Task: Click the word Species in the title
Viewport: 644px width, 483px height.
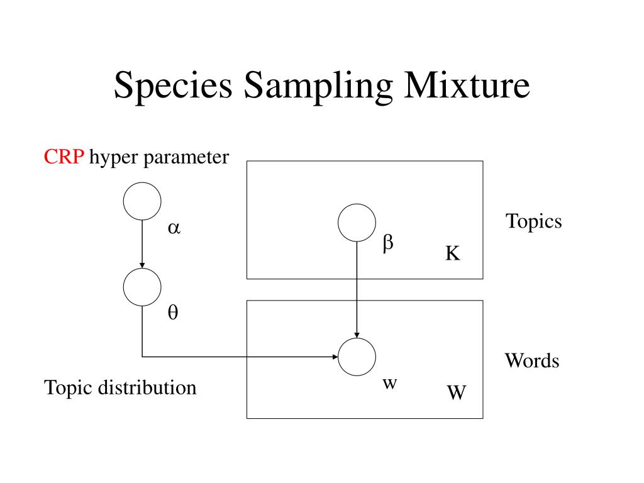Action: (x=173, y=86)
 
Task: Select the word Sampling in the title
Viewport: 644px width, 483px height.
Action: (x=318, y=86)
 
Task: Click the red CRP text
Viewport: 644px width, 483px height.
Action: (x=64, y=157)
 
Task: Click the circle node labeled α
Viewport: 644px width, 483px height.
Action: (x=142, y=201)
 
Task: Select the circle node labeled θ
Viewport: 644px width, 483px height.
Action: (x=142, y=287)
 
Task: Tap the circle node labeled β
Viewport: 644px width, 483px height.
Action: (x=357, y=223)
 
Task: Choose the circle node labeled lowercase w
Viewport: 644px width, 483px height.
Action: (x=357, y=357)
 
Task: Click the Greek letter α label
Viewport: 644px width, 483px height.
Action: (x=174, y=228)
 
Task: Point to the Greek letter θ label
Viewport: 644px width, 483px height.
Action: (x=173, y=312)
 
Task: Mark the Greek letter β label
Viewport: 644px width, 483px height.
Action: (x=388, y=243)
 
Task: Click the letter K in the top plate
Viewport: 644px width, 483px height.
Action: (x=453, y=253)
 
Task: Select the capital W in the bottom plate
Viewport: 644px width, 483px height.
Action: (x=457, y=392)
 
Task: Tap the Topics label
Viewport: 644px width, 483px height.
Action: (x=533, y=222)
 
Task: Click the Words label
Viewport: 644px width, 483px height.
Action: (x=532, y=360)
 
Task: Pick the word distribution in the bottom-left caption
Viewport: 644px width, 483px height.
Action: (x=147, y=387)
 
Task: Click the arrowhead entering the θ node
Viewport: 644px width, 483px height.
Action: (x=142, y=265)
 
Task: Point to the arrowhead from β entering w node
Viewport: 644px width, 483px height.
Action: (x=357, y=335)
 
